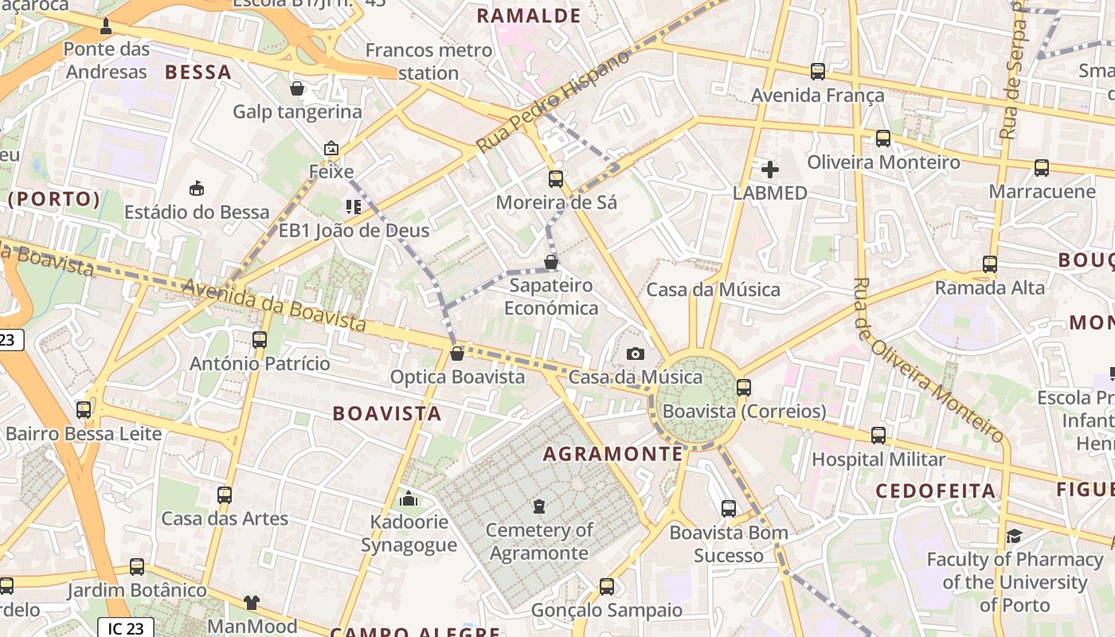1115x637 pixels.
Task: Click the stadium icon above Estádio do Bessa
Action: point(196,188)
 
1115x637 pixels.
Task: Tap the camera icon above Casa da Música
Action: point(635,354)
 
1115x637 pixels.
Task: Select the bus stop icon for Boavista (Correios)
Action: point(743,388)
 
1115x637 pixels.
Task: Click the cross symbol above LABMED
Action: point(769,169)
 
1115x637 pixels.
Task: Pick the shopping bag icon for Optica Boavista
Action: point(456,353)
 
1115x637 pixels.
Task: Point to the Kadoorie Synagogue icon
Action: point(409,499)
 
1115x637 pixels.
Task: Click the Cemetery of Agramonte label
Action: point(539,541)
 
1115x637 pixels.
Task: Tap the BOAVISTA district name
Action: point(387,413)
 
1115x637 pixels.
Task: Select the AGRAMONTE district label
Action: point(613,454)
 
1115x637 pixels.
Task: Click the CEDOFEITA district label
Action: point(936,490)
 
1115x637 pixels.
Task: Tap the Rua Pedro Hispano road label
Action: point(554,100)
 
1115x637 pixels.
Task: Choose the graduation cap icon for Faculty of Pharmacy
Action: point(1014,536)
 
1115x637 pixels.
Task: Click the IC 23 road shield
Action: point(126,628)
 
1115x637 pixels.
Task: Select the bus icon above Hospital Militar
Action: point(878,436)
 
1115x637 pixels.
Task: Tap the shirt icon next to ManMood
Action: point(252,603)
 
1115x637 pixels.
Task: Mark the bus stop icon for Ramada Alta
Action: point(989,264)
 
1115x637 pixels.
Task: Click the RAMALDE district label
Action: point(529,15)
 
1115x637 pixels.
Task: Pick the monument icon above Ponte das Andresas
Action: point(105,27)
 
